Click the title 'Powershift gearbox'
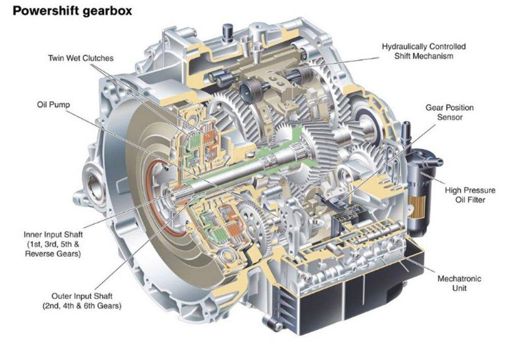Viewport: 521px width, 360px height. [x=72, y=11]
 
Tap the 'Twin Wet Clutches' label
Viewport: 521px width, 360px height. [x=81, y=58]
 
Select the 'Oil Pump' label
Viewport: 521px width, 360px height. [x=53, y=105]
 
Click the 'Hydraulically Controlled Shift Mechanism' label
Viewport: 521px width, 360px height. [x=424, y=51]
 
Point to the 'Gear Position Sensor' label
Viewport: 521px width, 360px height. [x=450, y=112]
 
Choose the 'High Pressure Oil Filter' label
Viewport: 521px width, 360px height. [x=470, y=195]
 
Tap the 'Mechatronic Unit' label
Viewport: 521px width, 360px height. [x=459, y=283]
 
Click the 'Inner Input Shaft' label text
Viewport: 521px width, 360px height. [x=53, y=234]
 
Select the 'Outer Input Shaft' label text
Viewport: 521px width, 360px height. [x=82, y=296]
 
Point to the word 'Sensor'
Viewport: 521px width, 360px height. [x=450, y=117]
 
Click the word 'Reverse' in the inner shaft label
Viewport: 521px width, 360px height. [x=39, y=254]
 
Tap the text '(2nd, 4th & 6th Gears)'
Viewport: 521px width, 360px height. [x=82, y=306]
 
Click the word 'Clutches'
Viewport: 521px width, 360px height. [x=98, y=58]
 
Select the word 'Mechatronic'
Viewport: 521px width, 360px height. [x=459, y=279]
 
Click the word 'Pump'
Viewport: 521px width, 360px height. [x=61, y=105]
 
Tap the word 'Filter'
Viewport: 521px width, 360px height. [x=475, y=200]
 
